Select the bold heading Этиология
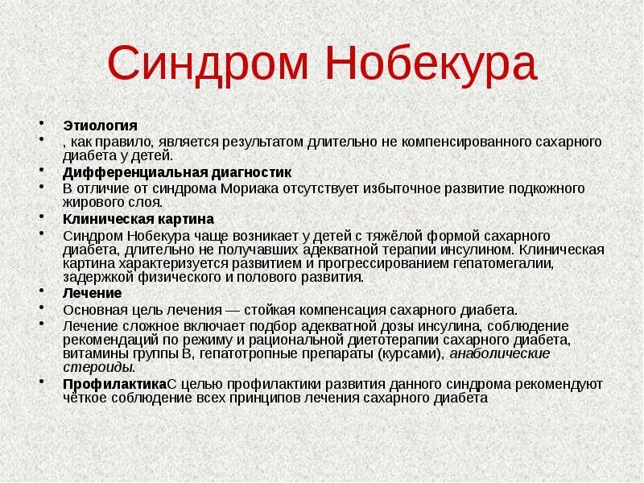(100, 126)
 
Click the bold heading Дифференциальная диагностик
(177, 172)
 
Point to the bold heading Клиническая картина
(138, 219)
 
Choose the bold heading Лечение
(92, 293)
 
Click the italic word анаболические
(500, 354)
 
